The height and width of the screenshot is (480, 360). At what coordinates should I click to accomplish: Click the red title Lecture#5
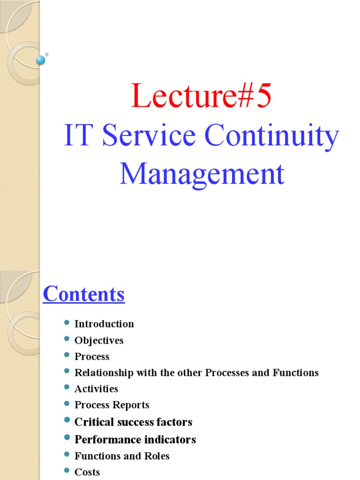tap(201, 96)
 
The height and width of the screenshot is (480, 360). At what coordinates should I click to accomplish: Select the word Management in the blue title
tap(202, 174)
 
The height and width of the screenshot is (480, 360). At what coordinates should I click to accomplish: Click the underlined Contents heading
tap(84, 294)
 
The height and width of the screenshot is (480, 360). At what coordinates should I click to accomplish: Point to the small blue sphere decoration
tap(41, 60)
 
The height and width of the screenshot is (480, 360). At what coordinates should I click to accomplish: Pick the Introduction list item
tap(104, 324)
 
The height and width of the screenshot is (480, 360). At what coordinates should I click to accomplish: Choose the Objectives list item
tap(99, 340)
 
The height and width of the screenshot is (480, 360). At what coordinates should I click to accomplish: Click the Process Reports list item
tap(112, 405)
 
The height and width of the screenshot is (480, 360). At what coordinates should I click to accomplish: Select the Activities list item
tap(96, 389)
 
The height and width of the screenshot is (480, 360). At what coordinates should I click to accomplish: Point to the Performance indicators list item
tap(135, 440)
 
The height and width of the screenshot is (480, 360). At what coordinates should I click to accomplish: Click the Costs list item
tap(87, 472)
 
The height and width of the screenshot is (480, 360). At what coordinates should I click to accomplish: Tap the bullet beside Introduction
tap(66, 323)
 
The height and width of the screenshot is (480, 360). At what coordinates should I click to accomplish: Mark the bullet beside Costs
tap(66, 471)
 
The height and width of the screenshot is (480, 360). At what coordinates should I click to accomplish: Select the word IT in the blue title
tap(77, 136)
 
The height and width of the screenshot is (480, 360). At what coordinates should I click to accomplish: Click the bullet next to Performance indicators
tap(66, 439)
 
